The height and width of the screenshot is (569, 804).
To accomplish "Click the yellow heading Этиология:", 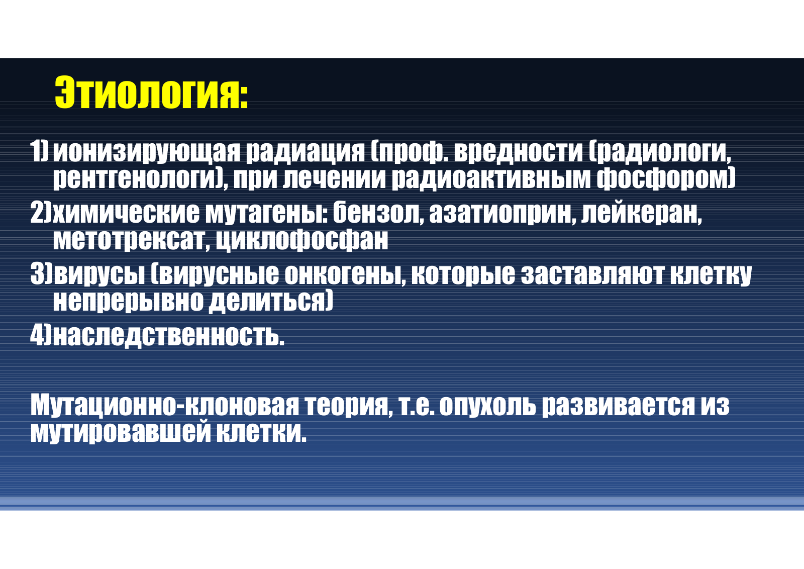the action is pos(151,92).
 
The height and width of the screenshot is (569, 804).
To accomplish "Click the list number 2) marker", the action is pos(41,213).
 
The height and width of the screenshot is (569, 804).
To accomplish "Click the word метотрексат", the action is pos(129,240).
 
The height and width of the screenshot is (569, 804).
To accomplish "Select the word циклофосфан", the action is pos(302,240).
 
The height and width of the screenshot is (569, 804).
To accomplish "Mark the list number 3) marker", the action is pos(41,274).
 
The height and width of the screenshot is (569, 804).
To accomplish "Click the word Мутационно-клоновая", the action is pos(164,406).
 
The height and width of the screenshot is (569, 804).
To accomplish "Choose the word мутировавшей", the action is pos(120,432).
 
